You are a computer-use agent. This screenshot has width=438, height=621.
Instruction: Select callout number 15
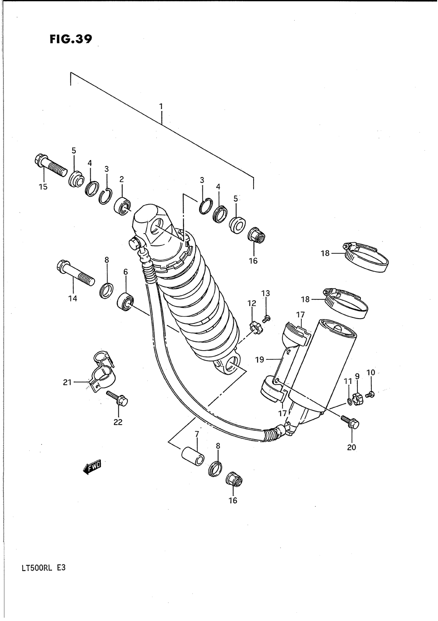43,186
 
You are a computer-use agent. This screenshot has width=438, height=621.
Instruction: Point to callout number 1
161,106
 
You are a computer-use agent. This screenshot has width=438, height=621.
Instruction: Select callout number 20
352,447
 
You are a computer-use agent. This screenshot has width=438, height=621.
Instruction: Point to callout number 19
260,359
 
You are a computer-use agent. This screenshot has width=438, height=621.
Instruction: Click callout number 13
266,293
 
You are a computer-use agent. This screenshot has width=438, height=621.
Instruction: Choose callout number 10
371,373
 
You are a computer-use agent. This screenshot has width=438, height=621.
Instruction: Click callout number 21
67,382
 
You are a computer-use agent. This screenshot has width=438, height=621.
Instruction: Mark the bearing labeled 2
122,205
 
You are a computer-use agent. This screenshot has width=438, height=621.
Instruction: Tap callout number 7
197,434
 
